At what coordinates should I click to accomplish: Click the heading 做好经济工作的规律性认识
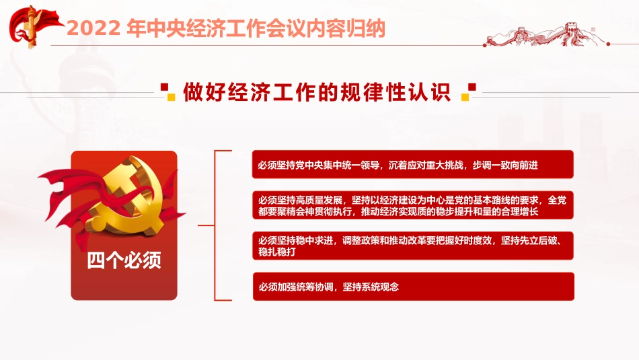(x=316, y=93)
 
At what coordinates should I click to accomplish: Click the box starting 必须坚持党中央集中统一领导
(x=412, y=165)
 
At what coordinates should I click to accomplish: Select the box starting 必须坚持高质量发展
(x=412, y=205)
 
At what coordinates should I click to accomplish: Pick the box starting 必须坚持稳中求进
(x=412, y=246)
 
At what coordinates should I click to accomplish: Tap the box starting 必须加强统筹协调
(x=412, y=287)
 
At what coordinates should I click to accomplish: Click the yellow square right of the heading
(x=464, y=97)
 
